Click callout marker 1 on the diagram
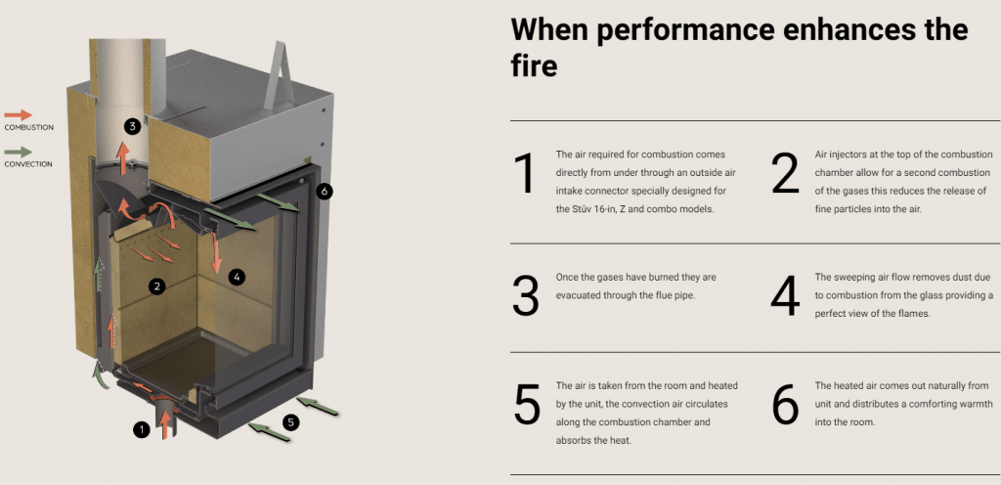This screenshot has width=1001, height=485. click(x=142, y=428)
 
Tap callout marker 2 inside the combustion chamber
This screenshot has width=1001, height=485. click(x=155, y=286)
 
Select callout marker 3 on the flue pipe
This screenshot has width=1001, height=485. click(x=133, y=125)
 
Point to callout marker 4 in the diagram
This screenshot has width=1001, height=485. click(x=236, y=277)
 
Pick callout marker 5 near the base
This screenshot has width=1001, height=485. click(x=290, y=422)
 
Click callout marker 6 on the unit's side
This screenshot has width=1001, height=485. click(x=325, y=191)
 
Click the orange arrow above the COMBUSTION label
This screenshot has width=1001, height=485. click(x=19, y=114)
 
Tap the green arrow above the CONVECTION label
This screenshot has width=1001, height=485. click(x=19, y=152)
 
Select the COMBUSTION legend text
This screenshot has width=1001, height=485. click(x=28, y=128)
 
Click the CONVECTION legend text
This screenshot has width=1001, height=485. click(x=28, y=164)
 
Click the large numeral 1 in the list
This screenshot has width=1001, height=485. click(x=526, y=174)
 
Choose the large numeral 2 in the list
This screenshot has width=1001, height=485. click(x=785, y=174)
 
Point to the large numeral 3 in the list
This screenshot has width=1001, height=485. click(x=526, y=296)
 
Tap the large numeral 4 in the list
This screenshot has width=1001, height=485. click(x=785, y=296)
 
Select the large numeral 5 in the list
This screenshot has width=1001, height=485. click(x=526, y=405)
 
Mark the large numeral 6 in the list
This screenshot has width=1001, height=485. click(x=785, y=405)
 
